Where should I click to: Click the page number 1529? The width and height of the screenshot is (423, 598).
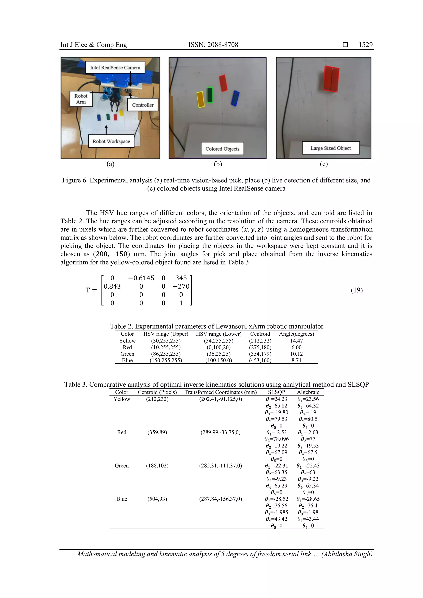tap(365, 45)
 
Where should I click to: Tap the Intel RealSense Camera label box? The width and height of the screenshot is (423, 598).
tap(115, 67)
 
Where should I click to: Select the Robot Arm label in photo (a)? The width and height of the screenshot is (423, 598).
tap(81, 99)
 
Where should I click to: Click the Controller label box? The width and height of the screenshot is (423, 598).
tap(143, 105)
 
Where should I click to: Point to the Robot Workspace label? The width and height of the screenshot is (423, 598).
tap(111, 141)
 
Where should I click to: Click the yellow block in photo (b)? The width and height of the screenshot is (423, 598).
tap(200, 99)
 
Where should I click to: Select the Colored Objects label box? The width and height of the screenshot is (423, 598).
tap(222, 149)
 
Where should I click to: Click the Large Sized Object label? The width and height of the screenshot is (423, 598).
tap(330, 148)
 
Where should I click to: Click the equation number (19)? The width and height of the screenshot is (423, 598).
tap(356, 290)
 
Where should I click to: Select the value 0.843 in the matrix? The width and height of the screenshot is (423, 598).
tap(112, 286)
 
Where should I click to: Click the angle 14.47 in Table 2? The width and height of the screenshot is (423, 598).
tap(296, 341)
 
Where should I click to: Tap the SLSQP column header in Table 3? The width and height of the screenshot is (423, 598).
tap(276, 392)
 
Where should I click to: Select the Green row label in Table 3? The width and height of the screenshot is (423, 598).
tap(121, 466)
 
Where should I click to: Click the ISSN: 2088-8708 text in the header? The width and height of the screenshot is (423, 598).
tap(213, 45)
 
